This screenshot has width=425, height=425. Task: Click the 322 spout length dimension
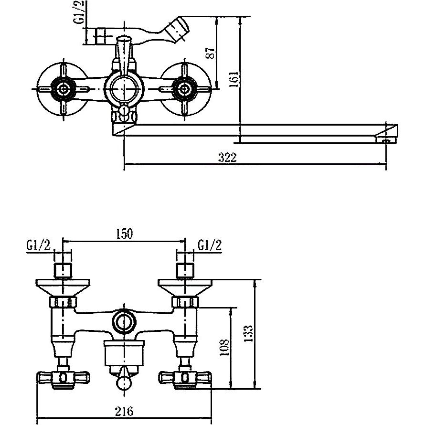point(227,158)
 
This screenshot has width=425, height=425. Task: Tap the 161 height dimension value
point(234,79)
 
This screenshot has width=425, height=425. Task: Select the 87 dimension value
point(210,53)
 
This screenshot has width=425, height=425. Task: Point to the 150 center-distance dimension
point(125,234)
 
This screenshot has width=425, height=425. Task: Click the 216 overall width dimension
point(124,411)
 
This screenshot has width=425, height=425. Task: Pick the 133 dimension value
point(248,333)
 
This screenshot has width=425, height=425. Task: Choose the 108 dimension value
point(224,348)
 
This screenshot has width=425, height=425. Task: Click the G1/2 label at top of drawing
point(82,12)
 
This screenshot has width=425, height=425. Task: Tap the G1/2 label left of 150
point(39,245)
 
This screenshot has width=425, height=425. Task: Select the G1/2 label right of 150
point(210,245)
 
